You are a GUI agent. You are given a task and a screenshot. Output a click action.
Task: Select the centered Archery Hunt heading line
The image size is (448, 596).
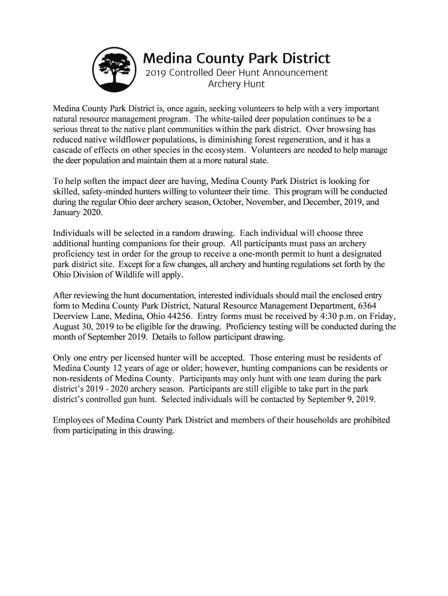[236, 84]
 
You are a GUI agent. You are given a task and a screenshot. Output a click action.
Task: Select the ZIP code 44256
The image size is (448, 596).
[180, 317]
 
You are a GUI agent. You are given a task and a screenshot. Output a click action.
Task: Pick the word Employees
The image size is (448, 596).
[75, 420]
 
